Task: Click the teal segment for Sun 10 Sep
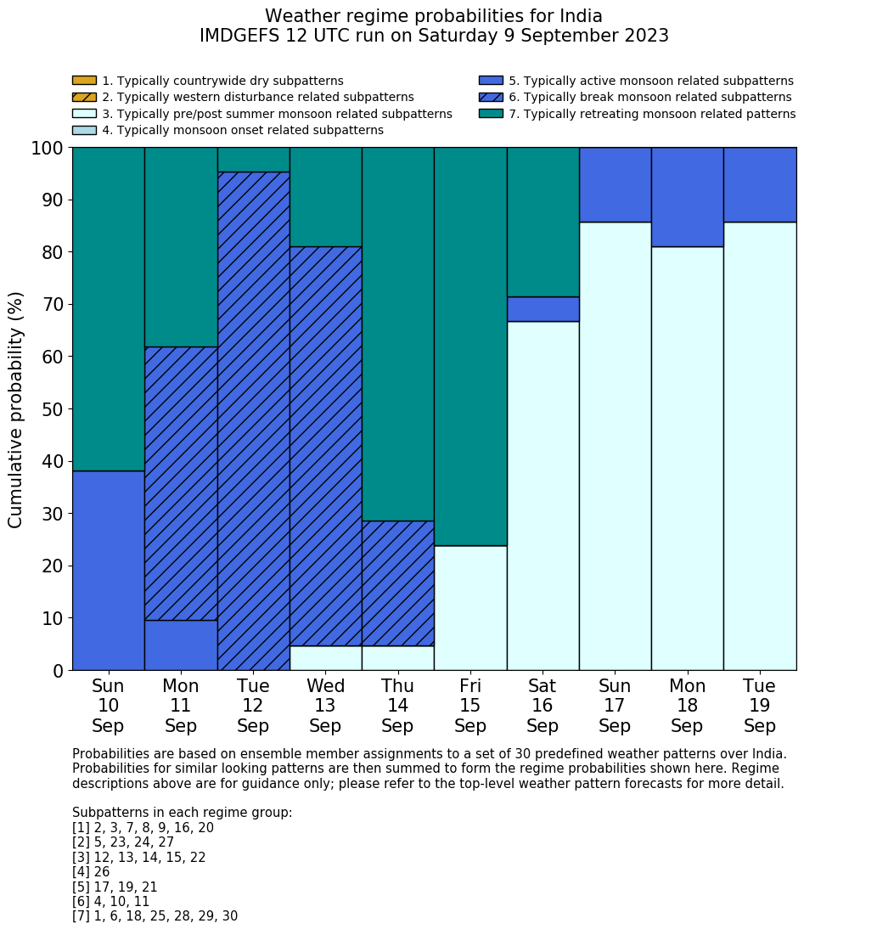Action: pyautogui.click(x=108, y=308)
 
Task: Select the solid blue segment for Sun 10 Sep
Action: pyautogui.click(x=108, y=570)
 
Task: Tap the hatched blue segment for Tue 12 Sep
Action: pyautogui.click(x=253, y=420)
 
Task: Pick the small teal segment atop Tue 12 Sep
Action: pyautogui.click(x=253, y=160)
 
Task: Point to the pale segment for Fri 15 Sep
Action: pyautogui.click(x=470, y=607)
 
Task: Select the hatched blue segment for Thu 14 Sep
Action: pyautogui.click(x=397, y=583)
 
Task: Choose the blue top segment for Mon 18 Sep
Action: pyautogui.click(x=687, y=196)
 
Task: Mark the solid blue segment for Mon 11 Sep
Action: pyautogui.click(x=181, y=645)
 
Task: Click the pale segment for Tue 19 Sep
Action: pyautogui.click(x=760, y=446)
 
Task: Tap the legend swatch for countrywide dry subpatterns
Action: pyautogui.click(x=84, y=81)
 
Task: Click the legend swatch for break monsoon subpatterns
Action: pyautogui.click(x=491, y=98)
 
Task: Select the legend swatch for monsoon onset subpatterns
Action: pyautogui.click(x=84, y=130)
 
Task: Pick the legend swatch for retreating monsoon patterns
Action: pyautogui.click(x=491, y=114)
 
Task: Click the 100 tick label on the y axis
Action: pyautogui.click(x=48, y=149)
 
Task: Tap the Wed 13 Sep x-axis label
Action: pyautogui.click(x=325, y=706)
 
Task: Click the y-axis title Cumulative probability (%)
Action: pyautogui.click(x=16, y=409)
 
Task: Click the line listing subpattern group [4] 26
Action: pyautogui.click(x=91, y=872)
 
